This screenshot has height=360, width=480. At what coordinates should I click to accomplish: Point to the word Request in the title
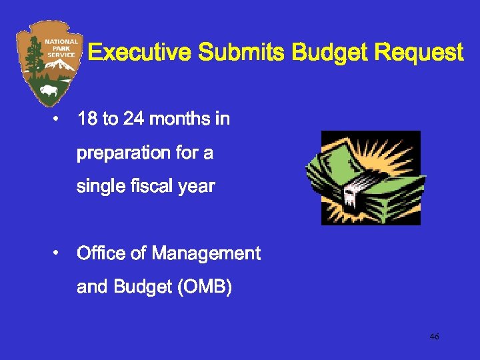pyautogui.click(x=419, y=53)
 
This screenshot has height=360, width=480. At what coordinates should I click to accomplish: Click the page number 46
pyautogui.click(x=434, y=337)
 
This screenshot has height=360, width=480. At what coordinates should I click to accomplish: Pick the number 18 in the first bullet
pyautogui.click(x=87, y=119)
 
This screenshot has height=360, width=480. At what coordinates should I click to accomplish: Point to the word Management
pyautogui.click(x=206, y=253)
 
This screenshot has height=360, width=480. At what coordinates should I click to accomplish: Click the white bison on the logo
pyautogui.click(x=49, y=89)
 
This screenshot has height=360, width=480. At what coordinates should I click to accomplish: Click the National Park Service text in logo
pyautogui.click(x=61, y=47)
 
